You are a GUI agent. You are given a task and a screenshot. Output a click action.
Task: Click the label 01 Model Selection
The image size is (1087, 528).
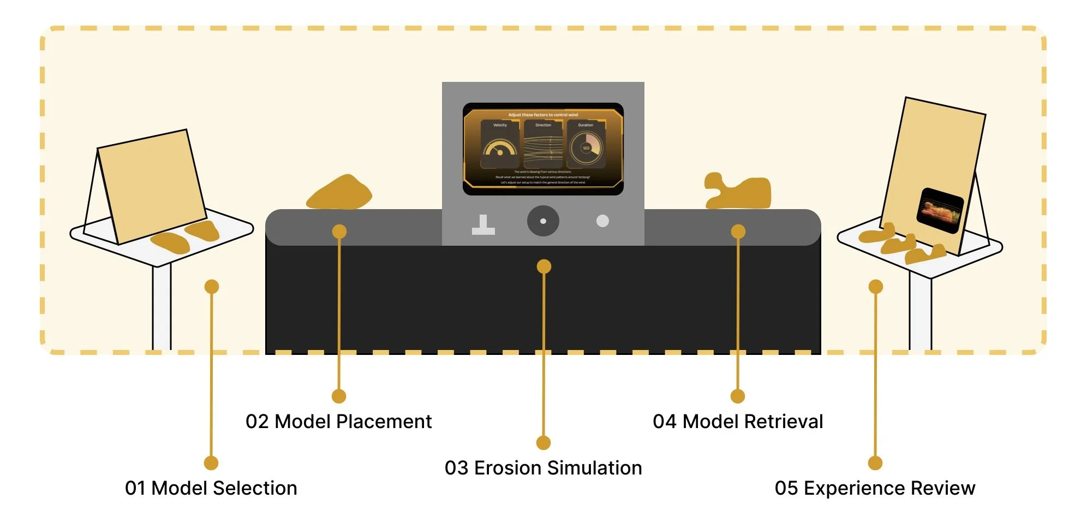(x=211, y=488)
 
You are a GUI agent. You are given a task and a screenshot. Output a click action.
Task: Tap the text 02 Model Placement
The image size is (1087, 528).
(x=338, y=422)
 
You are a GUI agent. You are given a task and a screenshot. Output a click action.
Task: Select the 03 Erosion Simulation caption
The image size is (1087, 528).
(x=543, y=468)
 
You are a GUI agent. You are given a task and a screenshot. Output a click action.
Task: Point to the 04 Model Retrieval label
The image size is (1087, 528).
(x=738, y=422)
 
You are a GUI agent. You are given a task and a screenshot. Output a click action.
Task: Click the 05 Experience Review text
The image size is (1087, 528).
(x=875, y=488)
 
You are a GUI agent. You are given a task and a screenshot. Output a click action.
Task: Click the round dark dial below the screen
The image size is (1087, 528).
(x=543, y=221)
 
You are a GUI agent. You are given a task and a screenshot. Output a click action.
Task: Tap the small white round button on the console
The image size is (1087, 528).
(x=602, y=221)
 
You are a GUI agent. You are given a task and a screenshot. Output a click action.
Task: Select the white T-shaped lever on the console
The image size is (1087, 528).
(x=483, y=225)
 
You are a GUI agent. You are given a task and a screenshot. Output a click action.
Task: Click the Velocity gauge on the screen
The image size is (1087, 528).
(x=500, y=146)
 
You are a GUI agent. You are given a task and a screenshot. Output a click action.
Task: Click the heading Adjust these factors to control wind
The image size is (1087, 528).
(x=543, y=115)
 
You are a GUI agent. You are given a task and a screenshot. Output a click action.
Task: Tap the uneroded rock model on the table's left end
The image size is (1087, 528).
(x=339, y=193)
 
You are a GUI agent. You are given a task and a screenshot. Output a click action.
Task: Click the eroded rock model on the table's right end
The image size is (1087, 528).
(x=738, y=192)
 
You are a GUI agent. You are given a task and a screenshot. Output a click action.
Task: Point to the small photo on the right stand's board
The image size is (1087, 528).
(x=940, y=210)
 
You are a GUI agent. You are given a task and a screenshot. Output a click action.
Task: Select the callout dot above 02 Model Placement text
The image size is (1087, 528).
(x=339, y=396)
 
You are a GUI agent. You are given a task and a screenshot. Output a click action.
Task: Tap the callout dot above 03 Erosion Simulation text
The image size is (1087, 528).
(x=543, y=442)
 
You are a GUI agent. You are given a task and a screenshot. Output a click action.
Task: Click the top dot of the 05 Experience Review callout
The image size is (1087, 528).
(x=875, y=287)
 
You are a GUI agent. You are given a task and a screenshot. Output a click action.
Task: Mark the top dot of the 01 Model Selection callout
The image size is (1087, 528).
(x=212, y=287)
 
